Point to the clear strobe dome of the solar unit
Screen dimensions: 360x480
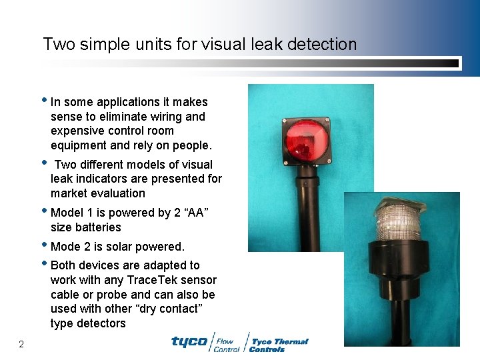398,221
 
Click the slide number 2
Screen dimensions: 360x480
21,344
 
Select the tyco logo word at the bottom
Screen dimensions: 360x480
189,341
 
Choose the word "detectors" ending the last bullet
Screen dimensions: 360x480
98,323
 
